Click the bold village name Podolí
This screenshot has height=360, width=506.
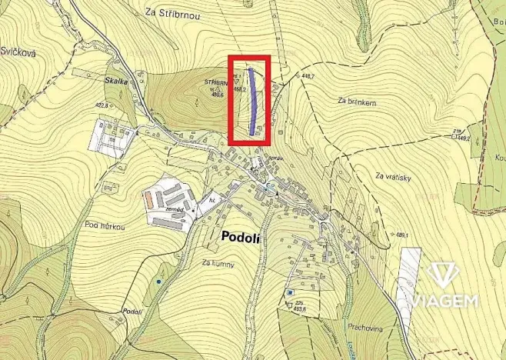(240, 238)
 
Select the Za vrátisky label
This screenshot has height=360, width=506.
(394, 178)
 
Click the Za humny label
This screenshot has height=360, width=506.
(218, 264)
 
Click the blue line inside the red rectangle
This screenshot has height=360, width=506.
(253, 100)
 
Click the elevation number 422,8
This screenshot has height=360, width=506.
(102, 105)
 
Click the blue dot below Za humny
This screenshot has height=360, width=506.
(158, 282)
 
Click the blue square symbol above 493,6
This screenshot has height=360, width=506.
(290, 292)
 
